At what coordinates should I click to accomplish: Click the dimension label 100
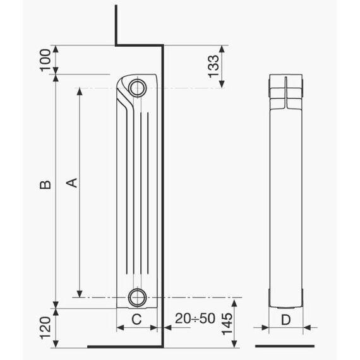click(x=45, y=61)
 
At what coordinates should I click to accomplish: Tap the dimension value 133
click(x=213, y=66)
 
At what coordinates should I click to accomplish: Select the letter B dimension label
click(x=45, y=184)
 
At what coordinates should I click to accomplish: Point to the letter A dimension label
click(x=71, y=183)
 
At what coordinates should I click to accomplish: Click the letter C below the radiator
click(x=136, y=319)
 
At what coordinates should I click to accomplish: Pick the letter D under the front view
click(x=286, y=320)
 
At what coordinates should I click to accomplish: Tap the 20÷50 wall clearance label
click(x=195, y=318)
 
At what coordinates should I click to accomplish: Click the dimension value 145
click(x=227, y=324)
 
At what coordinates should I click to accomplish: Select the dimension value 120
click(x=45, y=328)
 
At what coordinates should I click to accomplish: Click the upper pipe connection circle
click(x=137, y=88)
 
